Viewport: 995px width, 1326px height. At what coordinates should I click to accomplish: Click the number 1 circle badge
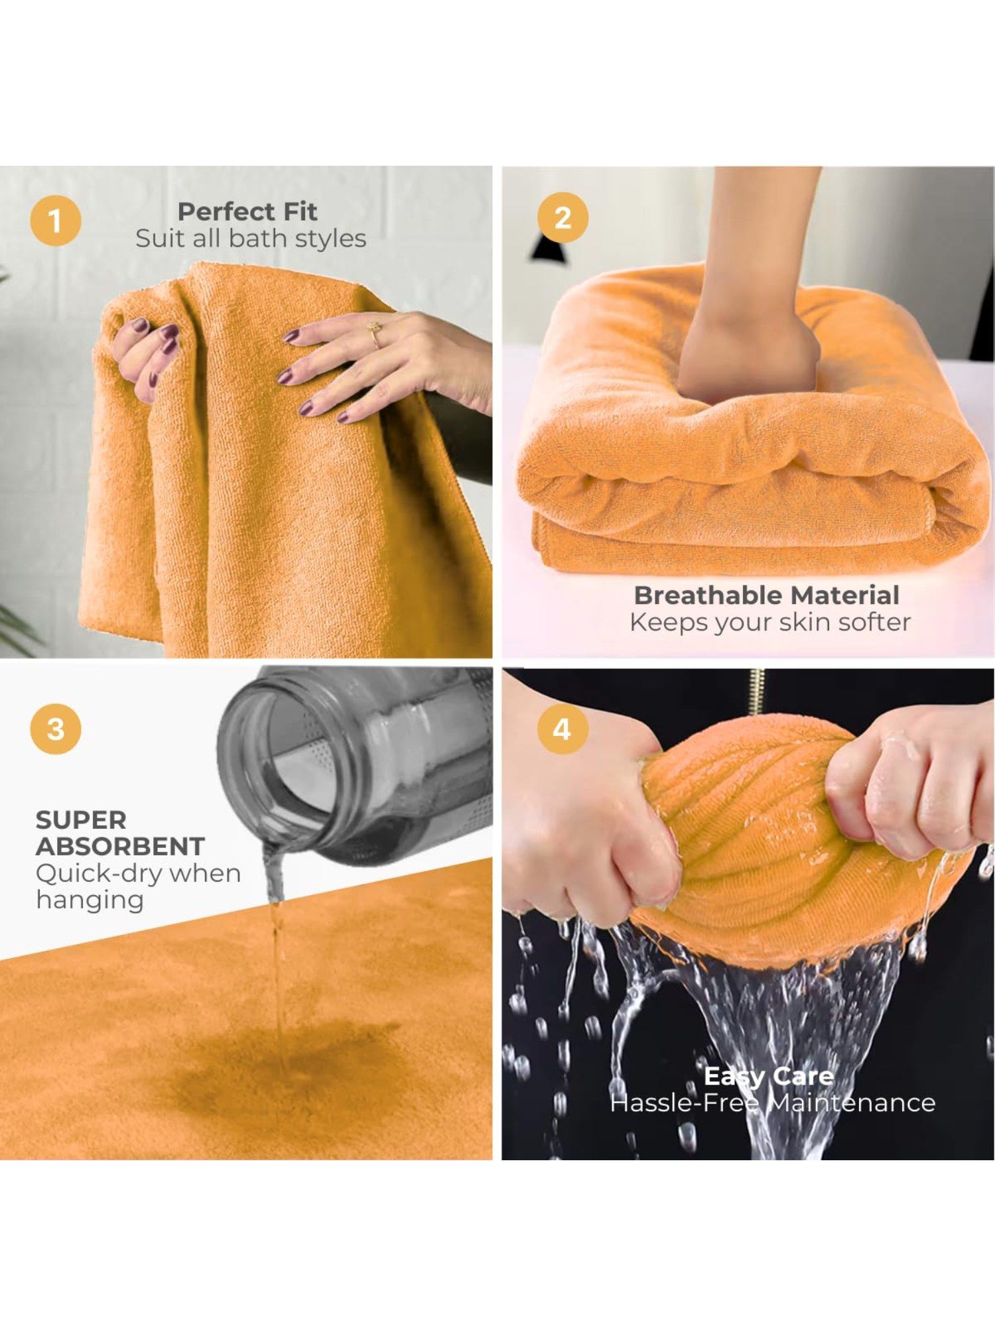tap(56, 221)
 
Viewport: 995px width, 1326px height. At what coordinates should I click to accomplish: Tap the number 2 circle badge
tap(563, 217)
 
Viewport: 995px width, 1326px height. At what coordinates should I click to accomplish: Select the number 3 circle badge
tap(56, 729)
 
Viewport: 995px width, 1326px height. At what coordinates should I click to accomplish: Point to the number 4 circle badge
tap(563, 729)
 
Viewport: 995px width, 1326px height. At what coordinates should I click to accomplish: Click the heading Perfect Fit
tap(247, 211)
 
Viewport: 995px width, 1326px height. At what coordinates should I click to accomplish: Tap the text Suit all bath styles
tap(251, 239)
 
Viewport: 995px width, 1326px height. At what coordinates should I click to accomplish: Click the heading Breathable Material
tap(767, 595)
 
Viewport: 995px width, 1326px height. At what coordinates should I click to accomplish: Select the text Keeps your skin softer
tap(770, 623)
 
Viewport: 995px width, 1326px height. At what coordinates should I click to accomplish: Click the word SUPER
tap(81, 820)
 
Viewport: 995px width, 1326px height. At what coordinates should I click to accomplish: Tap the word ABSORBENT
tap(120, 847)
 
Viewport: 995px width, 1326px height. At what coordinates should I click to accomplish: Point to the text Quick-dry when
tap(138, 874)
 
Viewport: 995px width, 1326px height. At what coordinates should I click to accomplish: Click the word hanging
tap(90, 901)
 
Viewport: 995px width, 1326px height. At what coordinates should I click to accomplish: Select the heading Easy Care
tap(769, 1076)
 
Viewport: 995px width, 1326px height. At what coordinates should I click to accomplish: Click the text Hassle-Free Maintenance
tap(773, 1103)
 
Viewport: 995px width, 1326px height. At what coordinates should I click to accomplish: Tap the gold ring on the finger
tap(375, 334)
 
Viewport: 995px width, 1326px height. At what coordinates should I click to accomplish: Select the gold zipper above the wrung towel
tap(756, 691)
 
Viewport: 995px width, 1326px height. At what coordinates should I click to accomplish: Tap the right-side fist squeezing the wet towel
tap(909, 782)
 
